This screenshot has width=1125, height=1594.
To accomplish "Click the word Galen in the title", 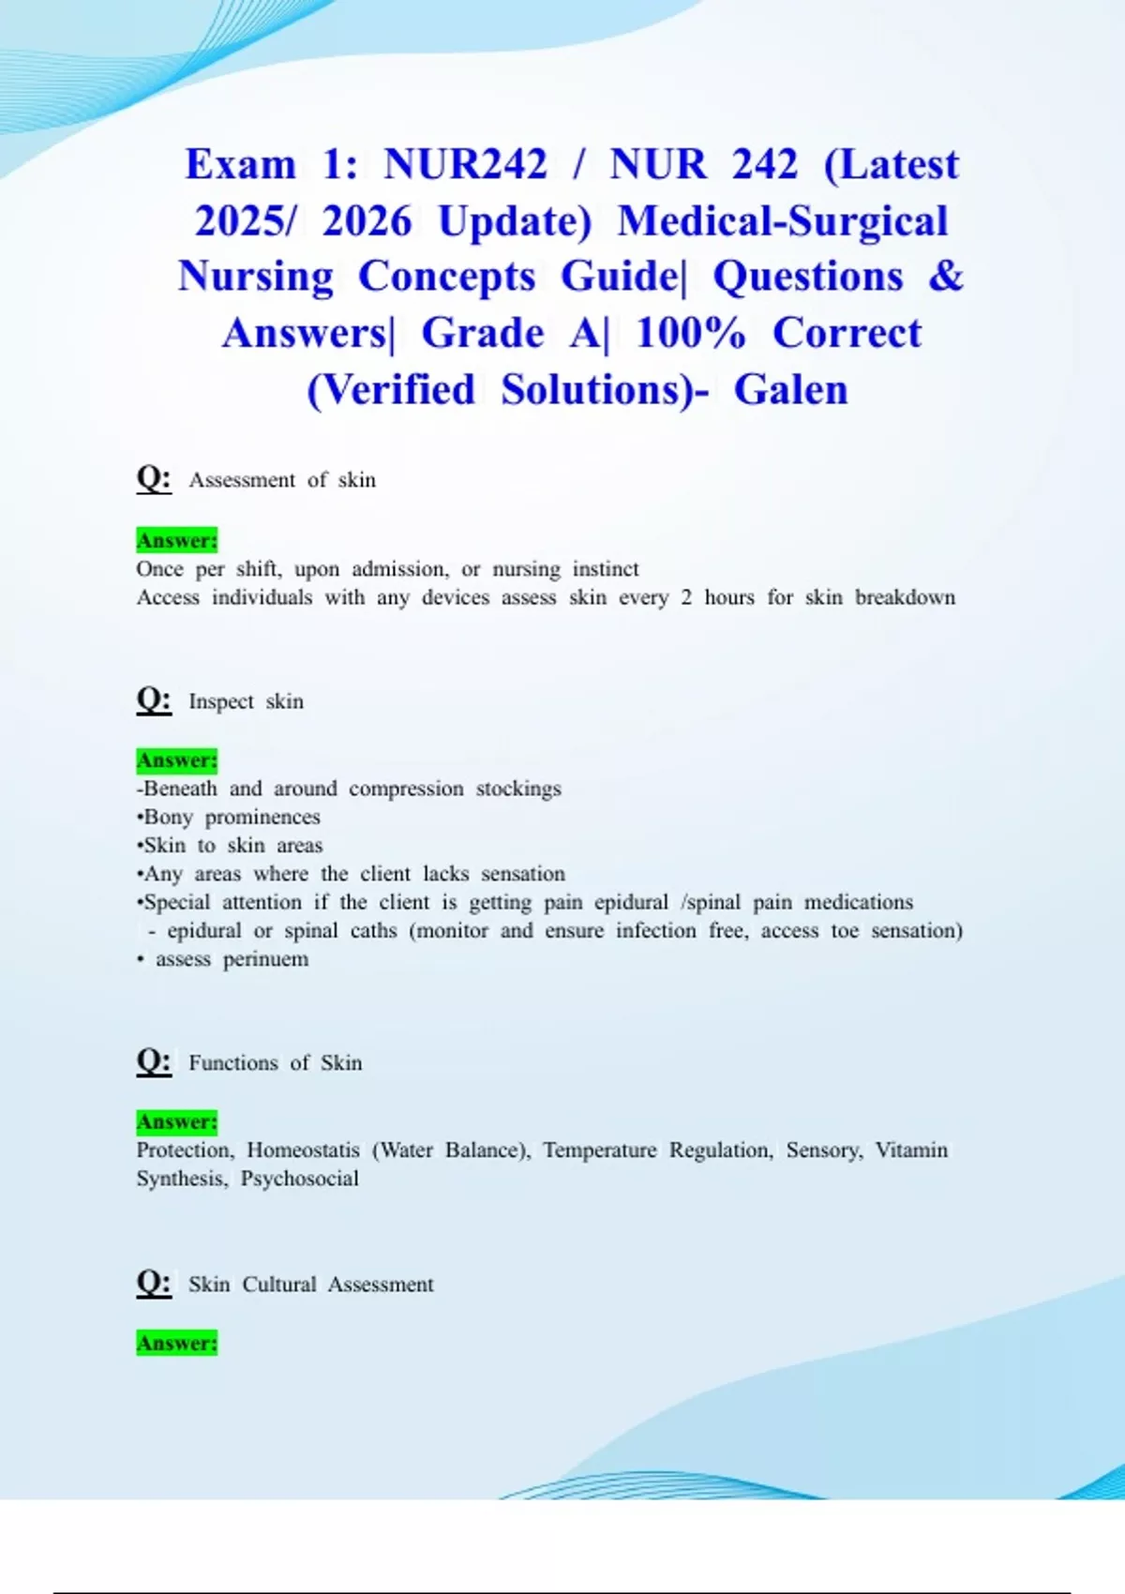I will click(790, 389).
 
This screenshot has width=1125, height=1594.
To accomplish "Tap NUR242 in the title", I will click(465, 164).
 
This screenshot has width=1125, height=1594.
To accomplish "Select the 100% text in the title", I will click(690, 333).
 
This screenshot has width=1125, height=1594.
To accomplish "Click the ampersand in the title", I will click(946, 276).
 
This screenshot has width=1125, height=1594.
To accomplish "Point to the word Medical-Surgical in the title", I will click(783, 220).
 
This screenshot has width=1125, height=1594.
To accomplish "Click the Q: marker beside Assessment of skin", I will click(154, 478).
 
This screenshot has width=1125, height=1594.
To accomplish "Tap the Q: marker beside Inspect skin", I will click(154, 699).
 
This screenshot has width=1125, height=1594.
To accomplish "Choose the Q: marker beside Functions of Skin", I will click(154, 1061).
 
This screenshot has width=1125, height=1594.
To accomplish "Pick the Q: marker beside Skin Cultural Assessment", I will click(154, 1283).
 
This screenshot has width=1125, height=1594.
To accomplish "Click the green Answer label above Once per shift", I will click(176, 540).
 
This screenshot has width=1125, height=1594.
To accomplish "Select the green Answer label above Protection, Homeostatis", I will click(176, 1121).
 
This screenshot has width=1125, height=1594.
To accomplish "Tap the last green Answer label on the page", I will click(176, 1343).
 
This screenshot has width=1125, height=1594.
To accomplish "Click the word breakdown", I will click(905, 597).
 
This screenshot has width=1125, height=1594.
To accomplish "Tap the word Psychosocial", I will click(299, 1179).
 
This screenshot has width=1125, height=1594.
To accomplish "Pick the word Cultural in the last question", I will click(279, 1284).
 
